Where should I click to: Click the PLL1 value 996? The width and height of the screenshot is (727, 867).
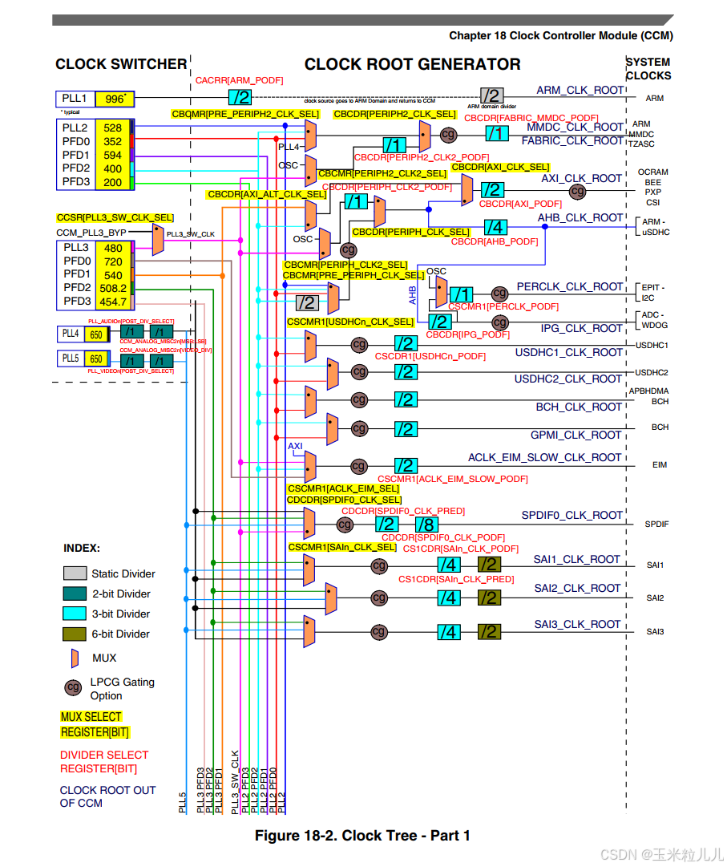114,99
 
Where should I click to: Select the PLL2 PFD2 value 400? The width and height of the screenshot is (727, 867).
112,168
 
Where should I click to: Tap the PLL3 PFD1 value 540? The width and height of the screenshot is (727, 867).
113,275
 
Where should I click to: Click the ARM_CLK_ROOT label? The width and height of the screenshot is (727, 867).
580,91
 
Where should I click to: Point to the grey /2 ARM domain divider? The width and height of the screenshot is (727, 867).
491,95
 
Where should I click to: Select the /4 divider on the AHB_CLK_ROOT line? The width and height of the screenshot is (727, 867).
495,227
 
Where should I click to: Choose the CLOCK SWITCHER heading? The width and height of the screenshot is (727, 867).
121,64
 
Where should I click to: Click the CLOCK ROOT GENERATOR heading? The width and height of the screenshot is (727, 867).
412,65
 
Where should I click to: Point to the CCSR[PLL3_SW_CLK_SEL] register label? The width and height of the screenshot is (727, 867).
115,217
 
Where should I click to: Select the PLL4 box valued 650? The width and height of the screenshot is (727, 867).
96,334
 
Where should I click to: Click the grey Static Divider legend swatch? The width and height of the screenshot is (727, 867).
75,573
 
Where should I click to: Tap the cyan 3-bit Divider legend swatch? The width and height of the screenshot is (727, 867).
75,614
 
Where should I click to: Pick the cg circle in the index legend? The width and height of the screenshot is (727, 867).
74,687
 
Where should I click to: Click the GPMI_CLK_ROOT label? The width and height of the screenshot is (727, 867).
576,435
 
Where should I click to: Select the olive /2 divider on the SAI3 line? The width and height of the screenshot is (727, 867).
489,632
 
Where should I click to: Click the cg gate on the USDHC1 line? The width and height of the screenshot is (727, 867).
359,345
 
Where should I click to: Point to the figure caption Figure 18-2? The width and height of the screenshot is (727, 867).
362,836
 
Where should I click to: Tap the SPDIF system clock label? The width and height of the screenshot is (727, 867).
656,525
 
